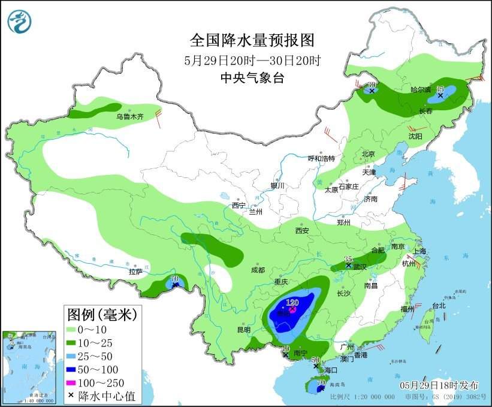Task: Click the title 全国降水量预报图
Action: point(252,40)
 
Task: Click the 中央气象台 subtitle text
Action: point(252,77)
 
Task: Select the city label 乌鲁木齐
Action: point(130,117)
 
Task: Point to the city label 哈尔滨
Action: point(420,89)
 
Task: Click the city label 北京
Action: point(368,154)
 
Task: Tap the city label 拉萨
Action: point(135,272)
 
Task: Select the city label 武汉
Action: point(360,266)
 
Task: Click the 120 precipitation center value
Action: point(292,303)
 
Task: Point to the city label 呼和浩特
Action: point(321,158)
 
